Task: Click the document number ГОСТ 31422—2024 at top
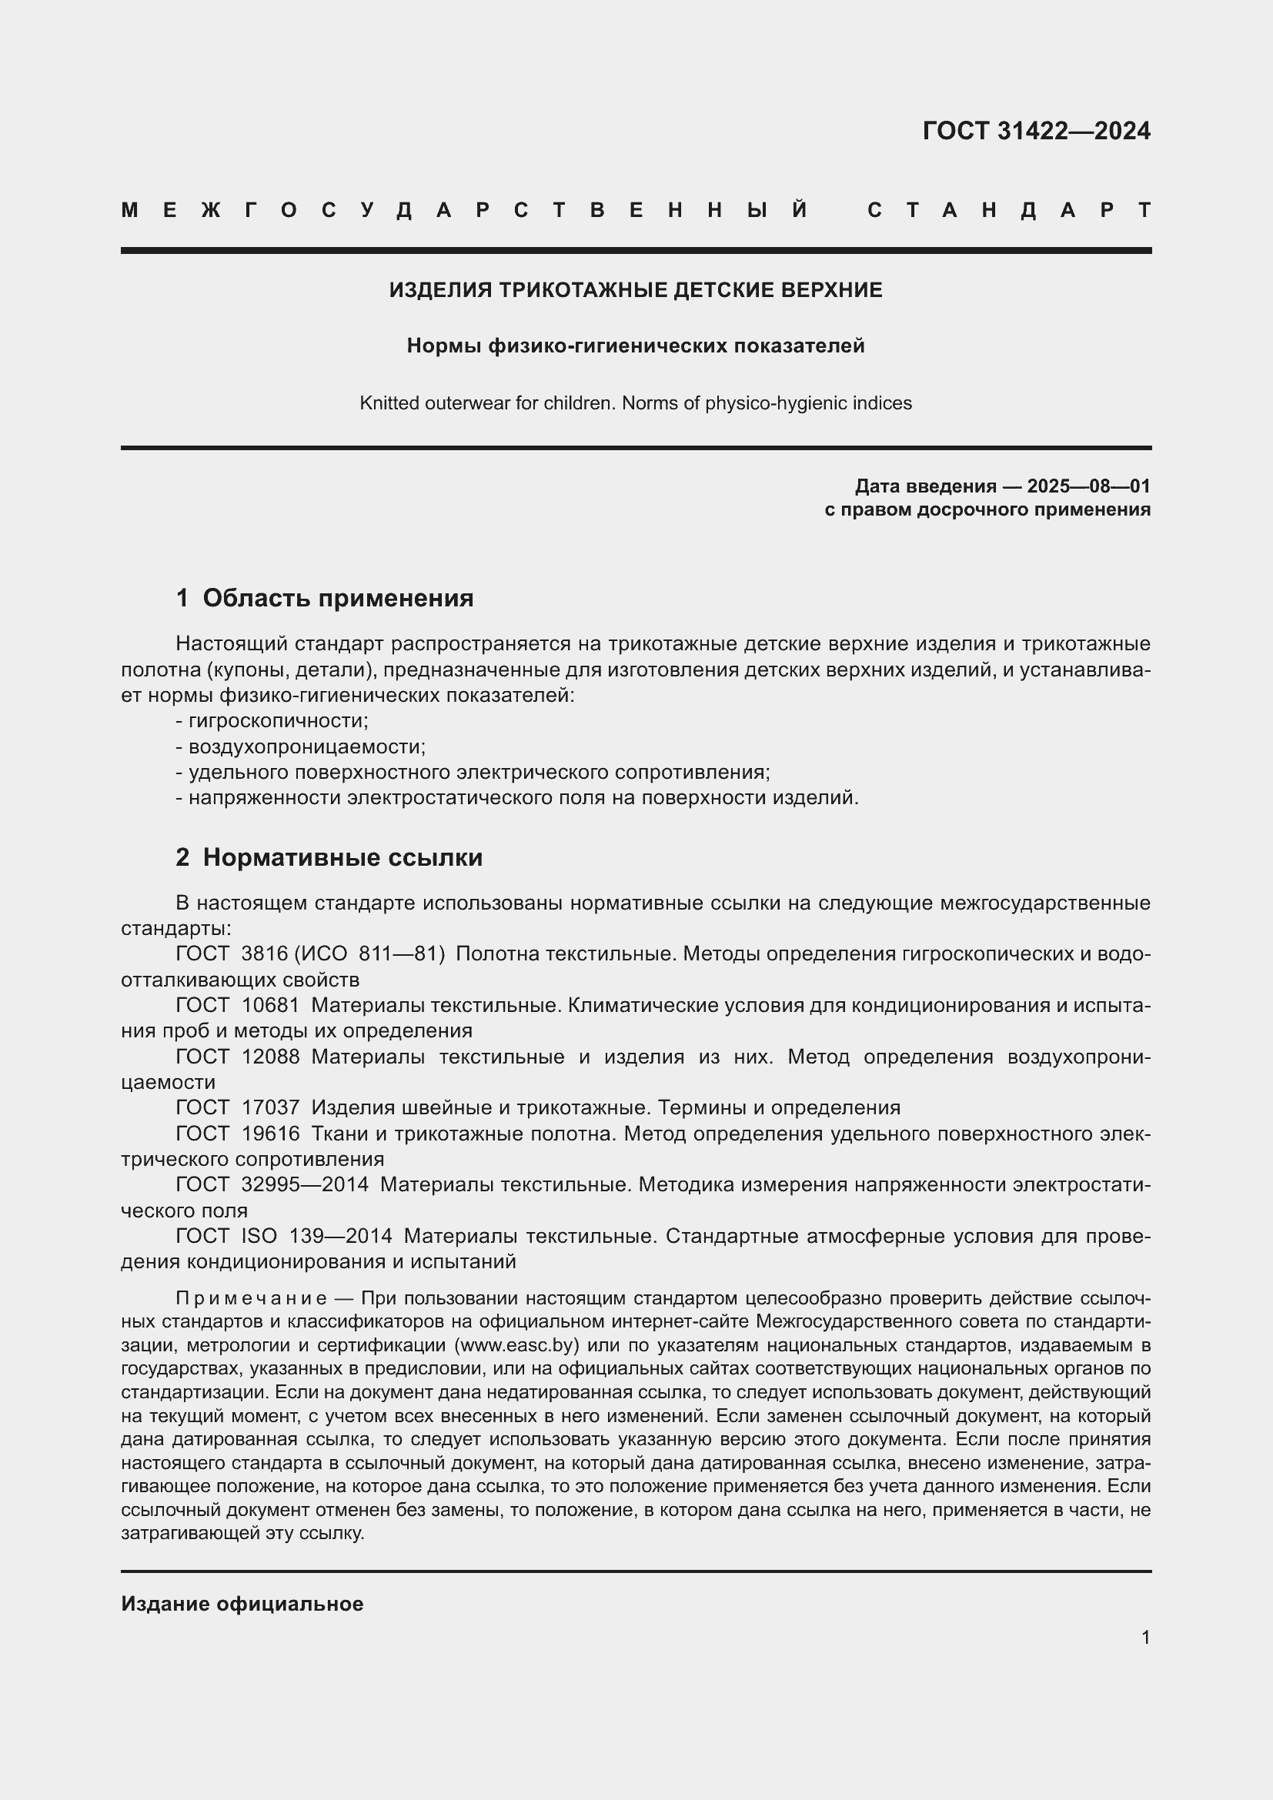1035,131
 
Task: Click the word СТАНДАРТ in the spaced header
1009,210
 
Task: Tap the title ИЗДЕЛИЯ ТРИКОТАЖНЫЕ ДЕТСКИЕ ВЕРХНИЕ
636,290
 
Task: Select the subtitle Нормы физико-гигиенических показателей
636,346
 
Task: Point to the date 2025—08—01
1088,486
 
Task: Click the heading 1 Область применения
325,598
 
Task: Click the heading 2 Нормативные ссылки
329,857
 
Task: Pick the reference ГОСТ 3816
232,954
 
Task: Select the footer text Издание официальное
242,1604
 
